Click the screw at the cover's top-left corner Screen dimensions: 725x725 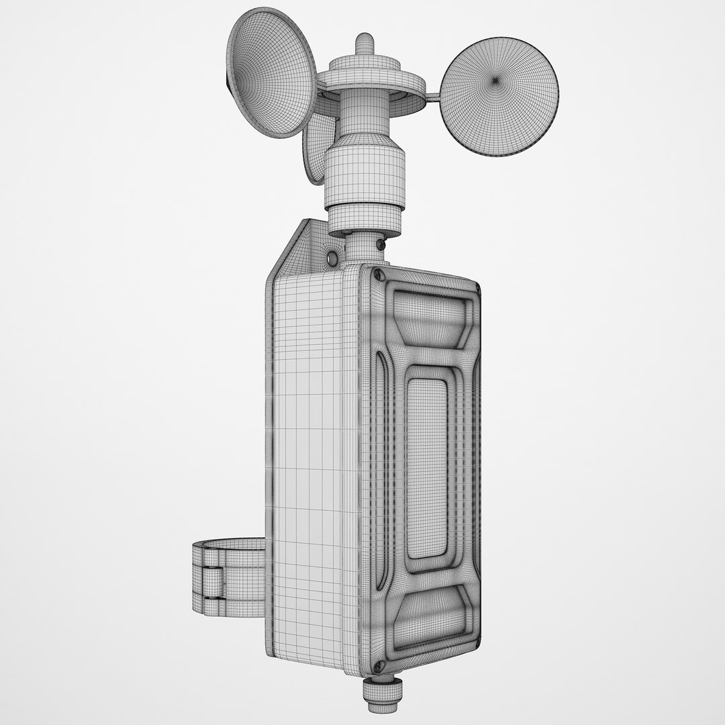point(378,274)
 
